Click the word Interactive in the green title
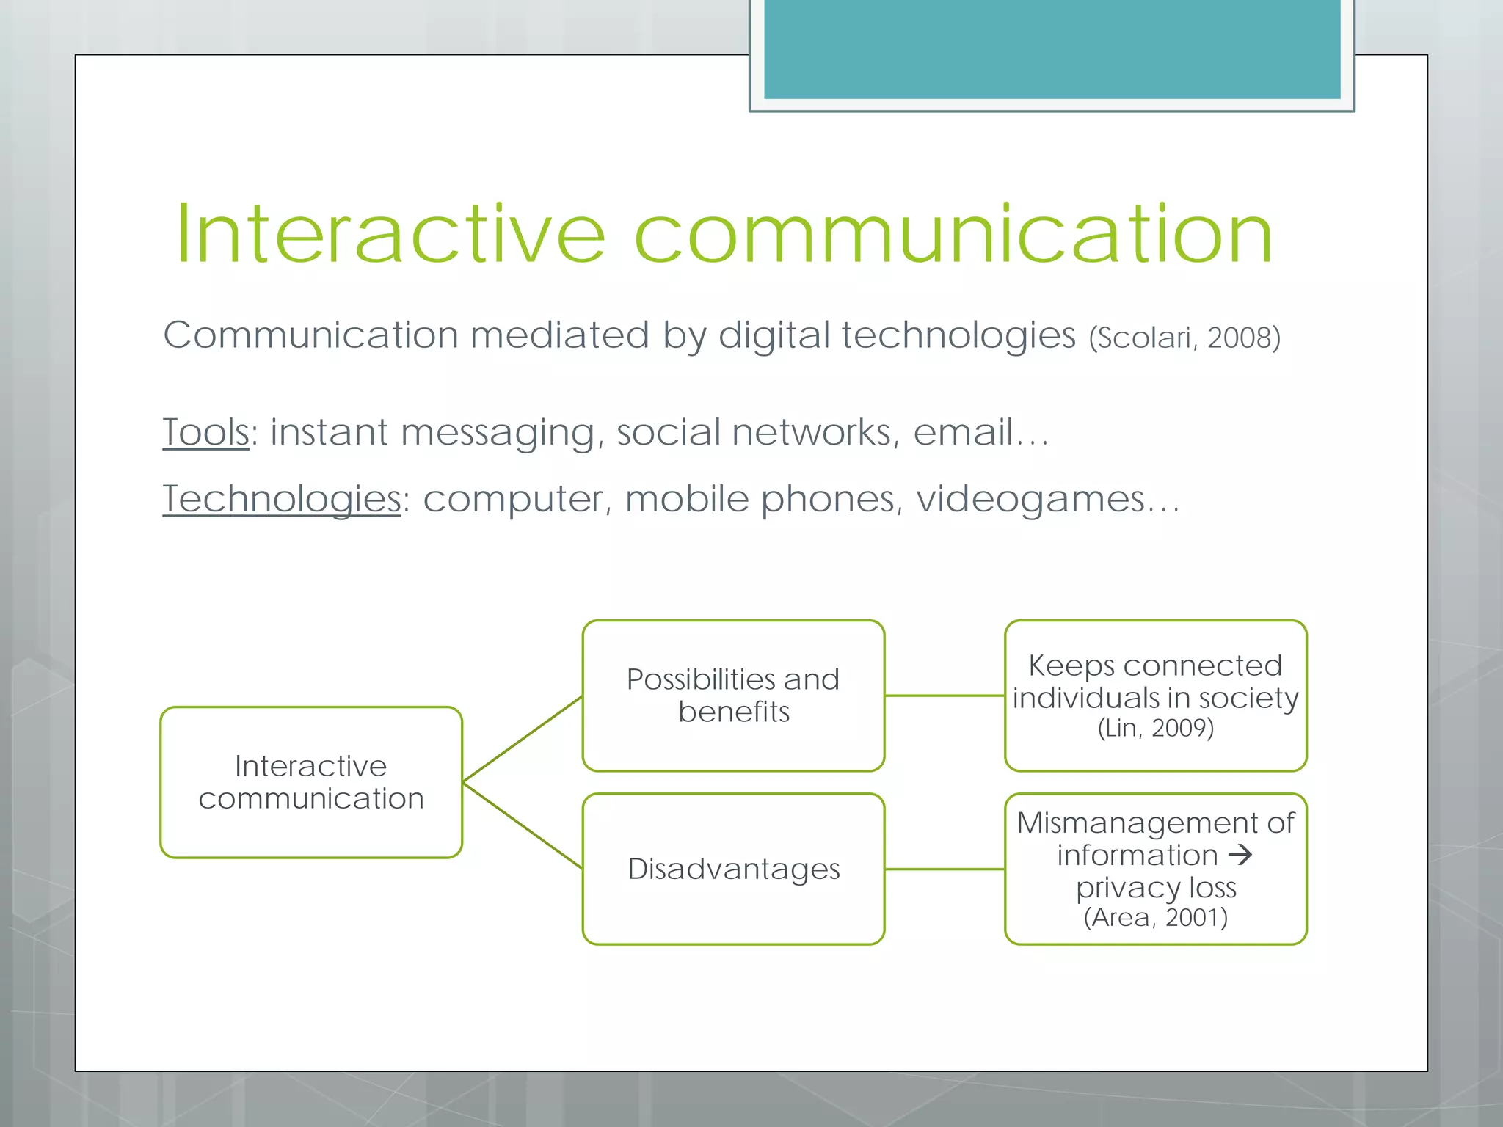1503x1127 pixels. [390, 235]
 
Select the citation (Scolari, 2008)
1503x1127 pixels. [1184, 338]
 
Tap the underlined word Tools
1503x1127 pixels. [205, 432]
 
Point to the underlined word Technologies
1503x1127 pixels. [281, 500]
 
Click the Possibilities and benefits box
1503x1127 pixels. [732, 695]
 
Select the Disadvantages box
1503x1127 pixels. [732, 869]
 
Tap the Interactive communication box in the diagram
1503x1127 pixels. [311, 782]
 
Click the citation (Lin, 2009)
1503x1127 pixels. [1155, 729]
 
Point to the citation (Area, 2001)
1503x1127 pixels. [1155, 918]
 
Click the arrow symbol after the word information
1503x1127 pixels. [1240, 855]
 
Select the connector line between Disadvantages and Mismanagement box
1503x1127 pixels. [945, 869]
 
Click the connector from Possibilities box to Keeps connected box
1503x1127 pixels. [945, 695]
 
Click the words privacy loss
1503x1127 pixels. [1155, 888]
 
